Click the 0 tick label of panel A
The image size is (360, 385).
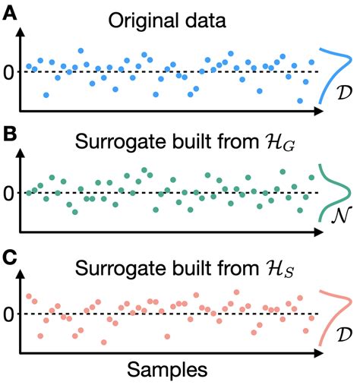pos(9,73)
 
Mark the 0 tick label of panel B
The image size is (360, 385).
pos(9,193)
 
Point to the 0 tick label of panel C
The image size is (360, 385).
pos(9,314)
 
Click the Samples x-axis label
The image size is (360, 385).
pos(166,371)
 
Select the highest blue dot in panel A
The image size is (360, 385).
pos(81,51)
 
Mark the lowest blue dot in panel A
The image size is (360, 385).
pos(300,100)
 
